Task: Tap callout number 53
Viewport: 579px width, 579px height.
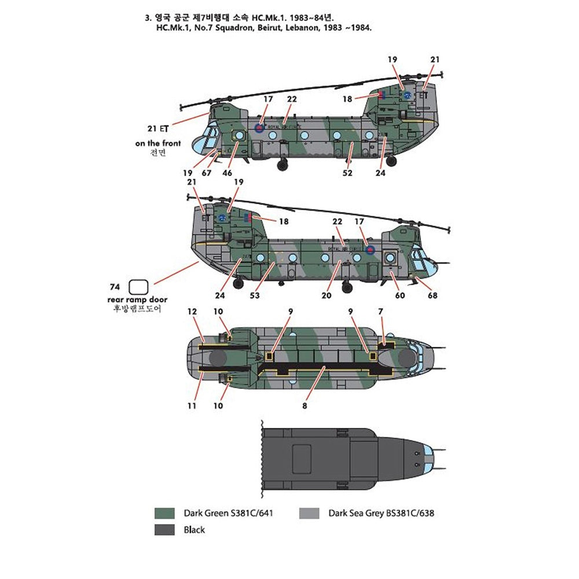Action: click(x=255, y=295)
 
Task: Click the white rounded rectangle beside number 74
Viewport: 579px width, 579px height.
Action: click(x=139, y=287)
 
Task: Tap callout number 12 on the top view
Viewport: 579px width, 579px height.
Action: click(x=192, y=312)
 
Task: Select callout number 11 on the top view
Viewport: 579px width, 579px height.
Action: click(x=192, y=406)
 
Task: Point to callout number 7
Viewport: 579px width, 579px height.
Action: click(x=380, y=312)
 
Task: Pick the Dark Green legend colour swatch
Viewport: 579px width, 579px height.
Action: click(x=165, y=513)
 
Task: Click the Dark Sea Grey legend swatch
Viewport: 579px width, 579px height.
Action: click(x=310, y=513)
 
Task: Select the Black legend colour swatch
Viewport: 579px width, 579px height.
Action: click(x=165, y=529)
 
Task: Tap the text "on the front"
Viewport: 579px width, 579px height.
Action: click(x=158, y=143)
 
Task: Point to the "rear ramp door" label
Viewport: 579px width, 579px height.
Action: click(x=137, y=299)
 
